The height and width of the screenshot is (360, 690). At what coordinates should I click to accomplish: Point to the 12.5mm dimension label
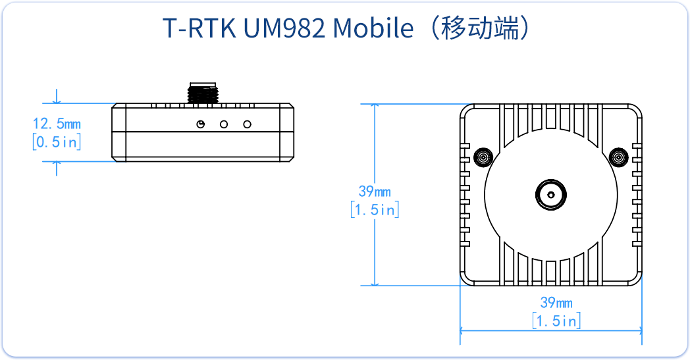click(57, 123)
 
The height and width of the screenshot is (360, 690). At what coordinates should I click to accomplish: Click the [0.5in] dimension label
click(57, 141)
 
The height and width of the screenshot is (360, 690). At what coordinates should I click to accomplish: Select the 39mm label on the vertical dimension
click(374, 192)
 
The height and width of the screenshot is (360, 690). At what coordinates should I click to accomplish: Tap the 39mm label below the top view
click(556, 303)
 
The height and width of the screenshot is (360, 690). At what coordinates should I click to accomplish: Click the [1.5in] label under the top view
click(556, 321)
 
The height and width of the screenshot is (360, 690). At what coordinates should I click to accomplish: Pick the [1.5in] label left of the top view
click(374, 210)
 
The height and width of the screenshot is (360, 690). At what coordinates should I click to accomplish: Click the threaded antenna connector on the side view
click(202, 93)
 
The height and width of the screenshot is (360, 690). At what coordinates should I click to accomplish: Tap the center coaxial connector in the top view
click(550, 194)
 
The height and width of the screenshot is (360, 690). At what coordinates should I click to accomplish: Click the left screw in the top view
click(483, 157)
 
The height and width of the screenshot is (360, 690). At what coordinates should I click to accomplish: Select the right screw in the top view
click(618, 157)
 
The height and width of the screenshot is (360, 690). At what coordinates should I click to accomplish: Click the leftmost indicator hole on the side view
click(201, 124)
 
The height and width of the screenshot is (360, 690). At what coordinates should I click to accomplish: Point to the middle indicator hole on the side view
click(225, 124)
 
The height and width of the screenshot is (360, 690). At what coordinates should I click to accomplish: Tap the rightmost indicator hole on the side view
click(248, 124)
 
